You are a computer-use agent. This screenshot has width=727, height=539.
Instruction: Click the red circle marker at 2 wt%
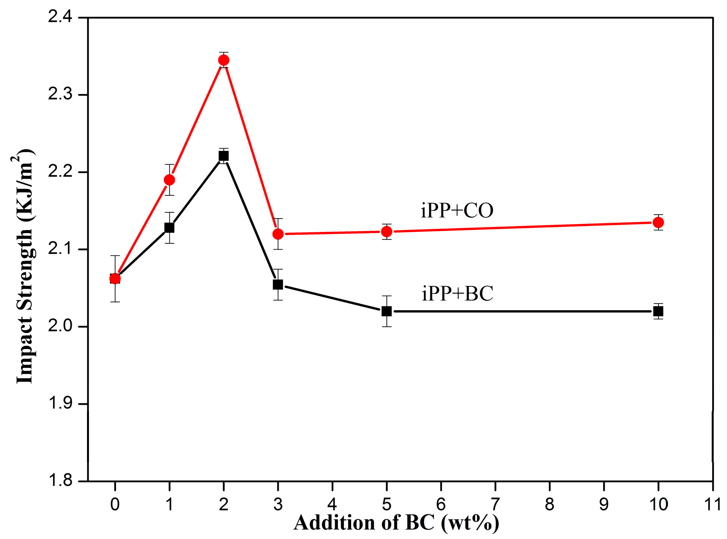pyautogui.click(x=224, y=60)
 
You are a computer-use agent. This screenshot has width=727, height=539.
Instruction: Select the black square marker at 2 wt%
pyautogui.click(x=223, y=156)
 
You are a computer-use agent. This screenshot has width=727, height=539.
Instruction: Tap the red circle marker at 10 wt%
pyautogui.click(x=658, y=222)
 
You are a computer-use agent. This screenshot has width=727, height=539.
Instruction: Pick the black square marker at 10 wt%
pyautogui.click(x=658, y=311)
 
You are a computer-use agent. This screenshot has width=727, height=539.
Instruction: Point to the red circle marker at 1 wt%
pyautogui.click(x=169, y=180)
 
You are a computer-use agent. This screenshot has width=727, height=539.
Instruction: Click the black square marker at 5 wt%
pyautogui.click(x=387, y=311)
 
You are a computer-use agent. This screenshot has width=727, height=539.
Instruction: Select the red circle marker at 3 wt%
pyautogui.click(x=278, y=234)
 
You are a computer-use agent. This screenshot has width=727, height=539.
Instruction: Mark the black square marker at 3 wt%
pyautogui.click(x=278, y=285)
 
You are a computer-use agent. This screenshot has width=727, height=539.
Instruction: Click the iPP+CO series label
pyautogui.click(x=457, y=211)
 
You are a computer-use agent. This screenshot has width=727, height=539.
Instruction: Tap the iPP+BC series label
pyautogui.click(x=457, y=294)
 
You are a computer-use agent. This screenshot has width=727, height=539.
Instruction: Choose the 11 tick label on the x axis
pyautogui.click(x=712, y=505)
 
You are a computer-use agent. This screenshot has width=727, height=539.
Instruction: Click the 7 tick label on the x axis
pyautogui.click(x=495, y=505)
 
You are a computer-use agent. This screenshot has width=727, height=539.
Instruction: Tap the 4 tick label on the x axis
pyautogui.click(x=332, y=505)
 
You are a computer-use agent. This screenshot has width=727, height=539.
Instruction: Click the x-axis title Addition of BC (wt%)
pyautogui.click(x=396, y=523)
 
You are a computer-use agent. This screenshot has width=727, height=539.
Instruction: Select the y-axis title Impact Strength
pyautogui.click(x=24, y=266)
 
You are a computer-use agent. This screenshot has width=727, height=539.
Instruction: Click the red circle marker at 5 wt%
pyautogui.click(x=387, y=232)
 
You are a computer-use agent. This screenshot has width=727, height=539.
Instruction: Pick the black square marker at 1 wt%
pyautogui.click(x=169, y=228)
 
